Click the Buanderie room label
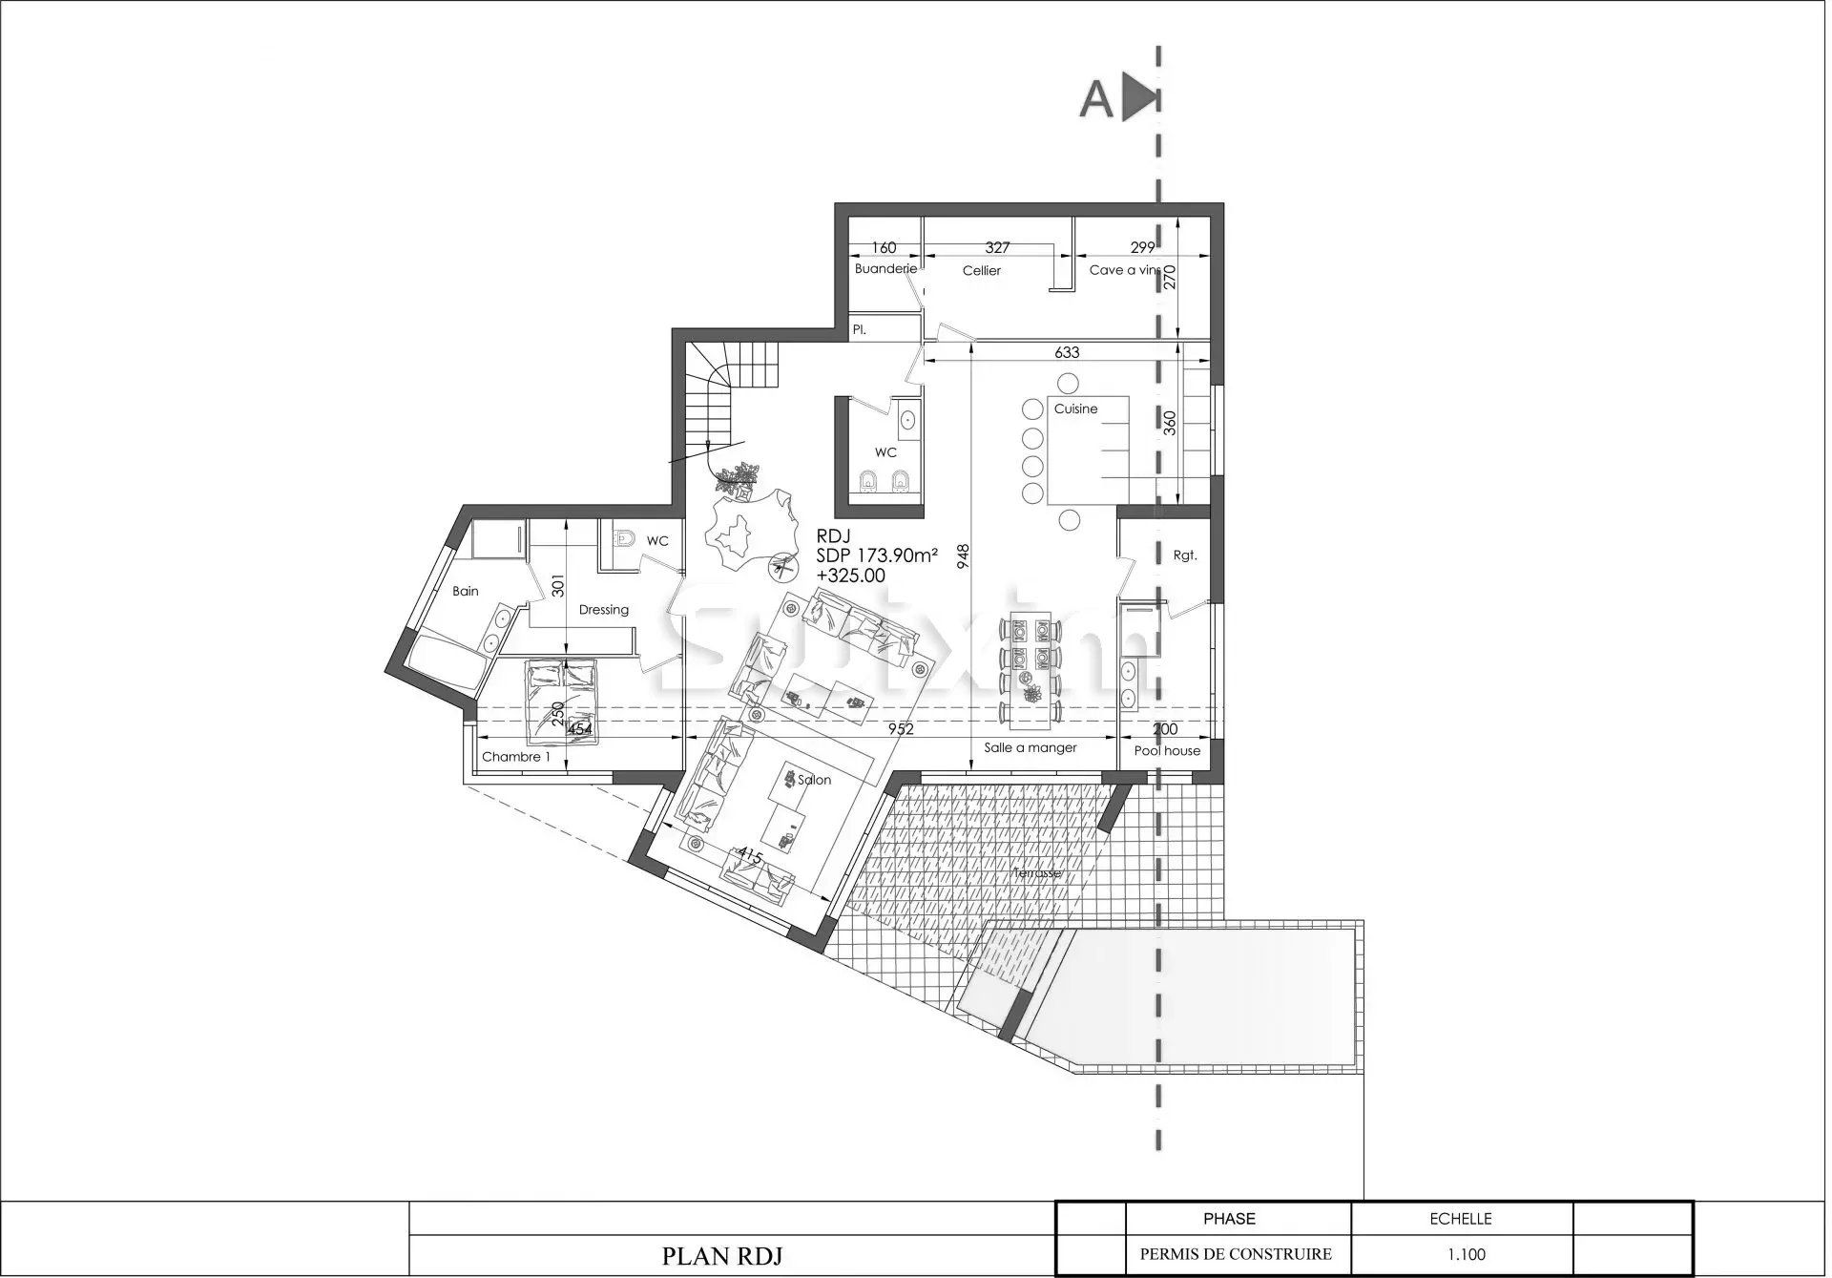pyautogui.click(x=885, y=269)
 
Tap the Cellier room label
pyautogui.click(x=981, y=271)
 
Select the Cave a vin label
pyautogui.click(x=1123, y=270)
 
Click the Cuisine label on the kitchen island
pyautogui.click(x=1075, y=409)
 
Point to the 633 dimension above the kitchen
pyautogui.click(x=1067, y=352)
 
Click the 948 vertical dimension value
pyautogui.click(x=964, y=556)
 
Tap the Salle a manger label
pyautogui.click(x=1030, y=747)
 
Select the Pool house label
pyautogui.click(x=1167, y=751)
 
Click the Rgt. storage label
pyautogui.click(x=1184, y=555)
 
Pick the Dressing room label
pyautogui.click(x=603, y=609)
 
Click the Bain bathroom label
pyautogui.click(x=466, y=591)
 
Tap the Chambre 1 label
pyautogui.click(x=516, y=757)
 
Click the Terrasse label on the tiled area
pyautogui.click(x=1036, y=872)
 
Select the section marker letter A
pyautogui.click(x=1096, y=99)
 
